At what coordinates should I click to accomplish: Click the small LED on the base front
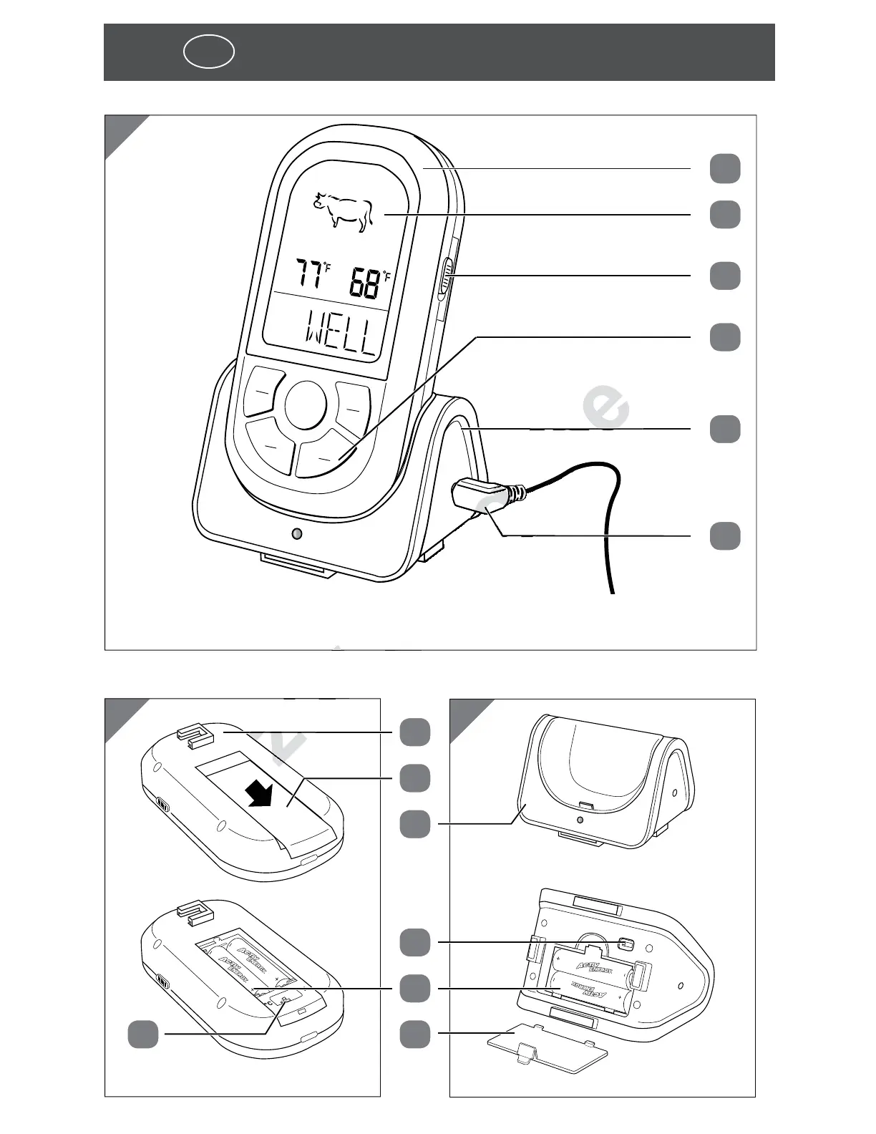tap(297, 534)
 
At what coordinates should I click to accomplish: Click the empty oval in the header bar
tap(208, 52)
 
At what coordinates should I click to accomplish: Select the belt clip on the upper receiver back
tap(195, 734)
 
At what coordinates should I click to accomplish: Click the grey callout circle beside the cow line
tap(725, 215)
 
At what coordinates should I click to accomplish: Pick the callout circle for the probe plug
tap(725, 536)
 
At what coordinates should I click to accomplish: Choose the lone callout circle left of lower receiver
tap(143, 1034)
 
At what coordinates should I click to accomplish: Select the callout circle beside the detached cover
tap(415, 1034)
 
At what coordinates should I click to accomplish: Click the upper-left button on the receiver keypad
tap(263, 392)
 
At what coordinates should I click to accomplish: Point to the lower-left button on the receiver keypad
tap(270, 445)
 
